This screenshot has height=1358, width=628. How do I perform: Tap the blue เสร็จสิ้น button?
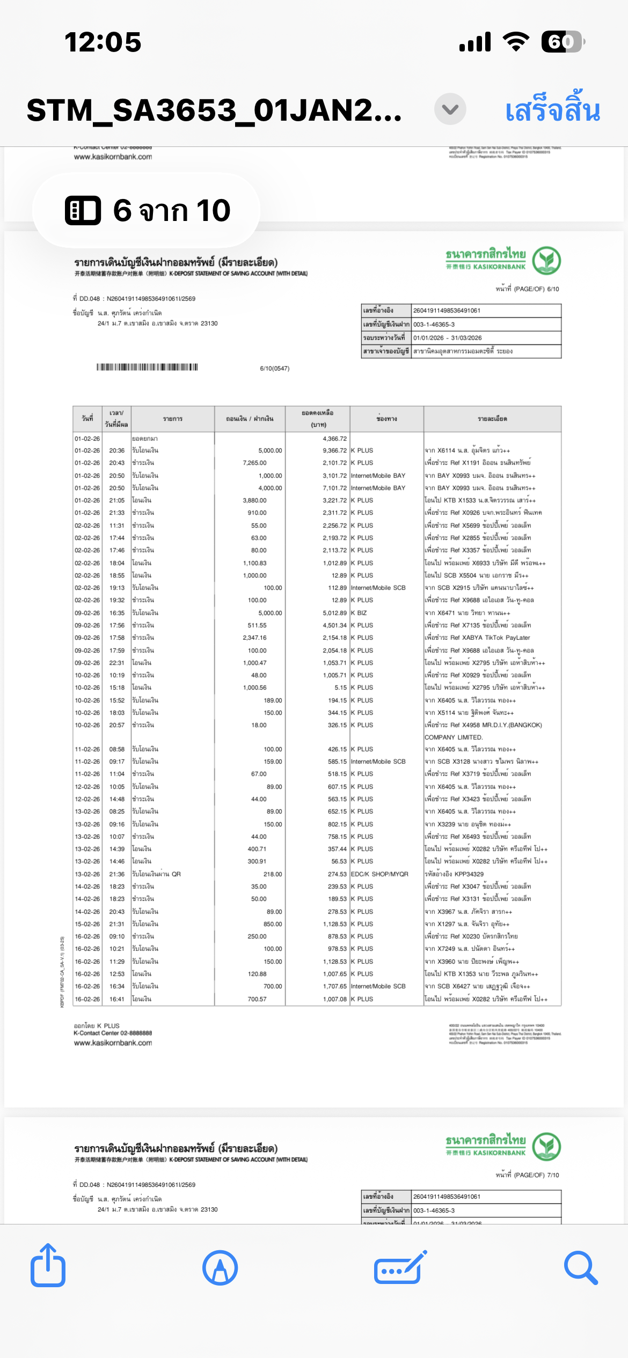click(x=552, y=110)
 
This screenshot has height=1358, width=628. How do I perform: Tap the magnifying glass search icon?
click(x=580, y=1267)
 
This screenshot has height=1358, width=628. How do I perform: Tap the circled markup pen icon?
click(x=220, y=1267)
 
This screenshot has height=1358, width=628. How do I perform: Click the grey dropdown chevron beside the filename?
click(x=450, y=109)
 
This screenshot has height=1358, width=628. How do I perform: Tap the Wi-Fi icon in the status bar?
click(x=515, y=42)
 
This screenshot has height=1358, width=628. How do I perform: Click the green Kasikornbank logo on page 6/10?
click(x=546, y=260)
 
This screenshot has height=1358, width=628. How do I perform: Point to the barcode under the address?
click(x=147, y=367)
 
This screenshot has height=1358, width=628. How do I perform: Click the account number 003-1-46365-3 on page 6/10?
click(x=434, y=324)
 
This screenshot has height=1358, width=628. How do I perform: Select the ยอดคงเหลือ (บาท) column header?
click(x=318, y=419)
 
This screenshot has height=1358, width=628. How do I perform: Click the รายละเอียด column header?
click(x=492, y=419)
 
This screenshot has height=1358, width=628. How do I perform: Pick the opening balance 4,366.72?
click(x=334, y=439)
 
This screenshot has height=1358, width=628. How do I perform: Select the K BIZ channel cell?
click(x=359, y=613)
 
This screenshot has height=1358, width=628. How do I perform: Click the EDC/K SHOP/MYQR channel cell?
click(x=379, y=874)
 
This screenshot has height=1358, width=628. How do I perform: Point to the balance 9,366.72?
click(x=334, y=451)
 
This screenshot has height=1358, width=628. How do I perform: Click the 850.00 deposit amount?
click(x=272, y=924)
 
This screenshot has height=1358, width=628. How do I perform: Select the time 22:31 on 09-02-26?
click(x=117, y=663)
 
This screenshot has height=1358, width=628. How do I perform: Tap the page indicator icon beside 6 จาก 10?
click(x=83, y=210)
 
